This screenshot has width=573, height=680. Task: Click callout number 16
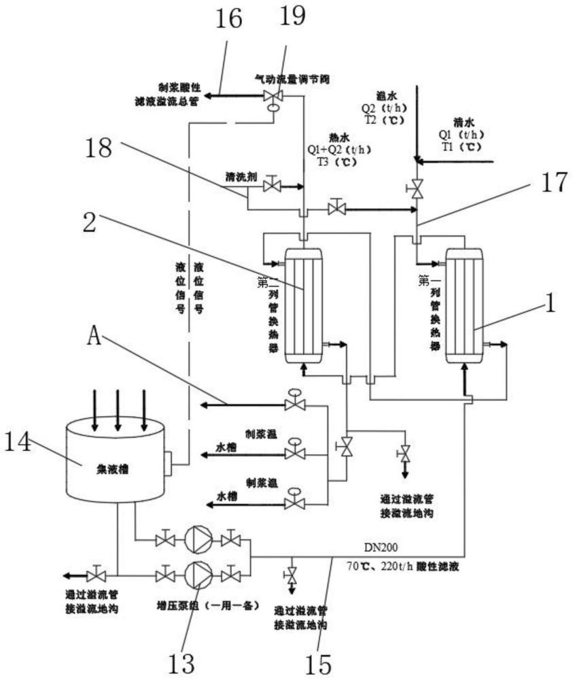point(229,19)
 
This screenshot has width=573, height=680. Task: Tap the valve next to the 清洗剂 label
point(273,184)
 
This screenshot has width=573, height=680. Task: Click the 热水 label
point(338,134)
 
